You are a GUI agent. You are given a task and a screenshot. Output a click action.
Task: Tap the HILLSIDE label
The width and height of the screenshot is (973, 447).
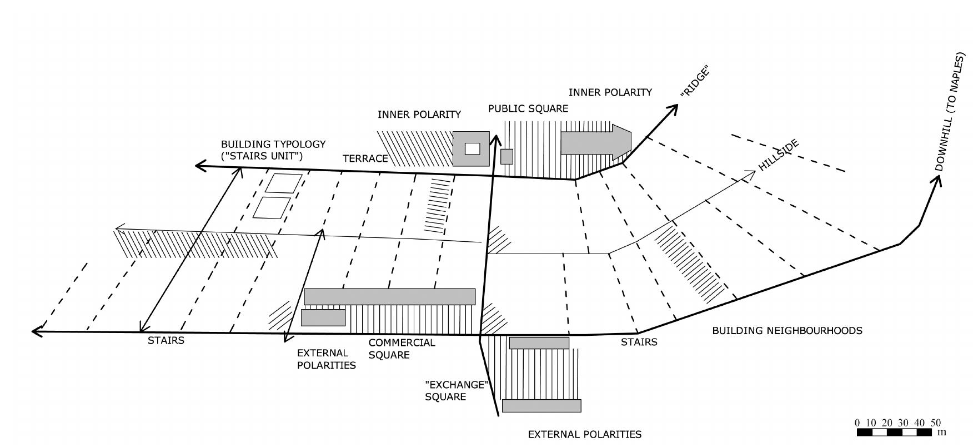(779, 155)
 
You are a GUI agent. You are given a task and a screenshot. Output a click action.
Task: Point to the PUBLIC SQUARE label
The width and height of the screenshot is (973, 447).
(528, 108)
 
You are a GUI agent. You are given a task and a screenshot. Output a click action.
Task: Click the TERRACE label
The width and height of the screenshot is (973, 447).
(365, 158)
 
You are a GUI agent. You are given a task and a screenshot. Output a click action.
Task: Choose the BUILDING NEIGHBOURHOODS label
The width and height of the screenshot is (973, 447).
(787, 331)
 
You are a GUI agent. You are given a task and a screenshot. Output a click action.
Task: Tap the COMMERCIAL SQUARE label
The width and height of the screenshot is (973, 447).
(402, 349)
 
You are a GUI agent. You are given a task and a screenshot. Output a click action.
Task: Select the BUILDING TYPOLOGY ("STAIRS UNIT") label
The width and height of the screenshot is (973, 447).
(273, 150)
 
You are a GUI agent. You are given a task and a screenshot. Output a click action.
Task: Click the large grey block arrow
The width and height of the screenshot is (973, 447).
(596, 143)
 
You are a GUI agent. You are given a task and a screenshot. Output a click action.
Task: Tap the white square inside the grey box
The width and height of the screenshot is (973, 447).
(472, 148)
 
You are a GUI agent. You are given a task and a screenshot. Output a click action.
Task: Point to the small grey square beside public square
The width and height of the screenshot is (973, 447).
(506, 156)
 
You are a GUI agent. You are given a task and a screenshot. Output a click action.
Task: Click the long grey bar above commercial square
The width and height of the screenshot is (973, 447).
(389, 296)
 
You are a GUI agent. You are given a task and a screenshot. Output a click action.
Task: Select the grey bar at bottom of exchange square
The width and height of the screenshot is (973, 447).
(541, 406)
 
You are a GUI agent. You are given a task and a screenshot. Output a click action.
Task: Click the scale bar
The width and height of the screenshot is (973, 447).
(895, 432)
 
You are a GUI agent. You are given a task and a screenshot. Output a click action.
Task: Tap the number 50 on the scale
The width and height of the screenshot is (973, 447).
(936, 423)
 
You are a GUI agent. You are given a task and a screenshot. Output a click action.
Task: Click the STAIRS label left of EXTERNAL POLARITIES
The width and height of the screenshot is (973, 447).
(165, 340)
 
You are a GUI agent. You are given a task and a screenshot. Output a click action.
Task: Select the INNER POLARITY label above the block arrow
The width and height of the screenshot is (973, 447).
(610, 92)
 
